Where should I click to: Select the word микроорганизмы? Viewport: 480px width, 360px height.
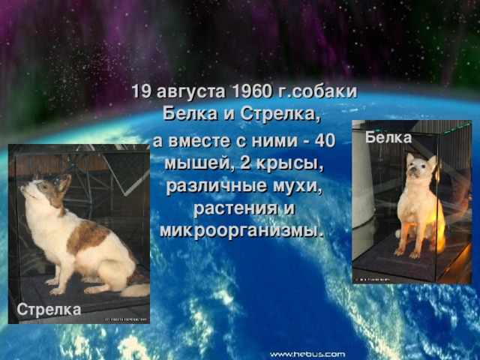(240, 229)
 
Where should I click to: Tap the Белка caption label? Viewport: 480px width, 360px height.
(388, 138)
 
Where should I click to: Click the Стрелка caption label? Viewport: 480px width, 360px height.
(49, 308)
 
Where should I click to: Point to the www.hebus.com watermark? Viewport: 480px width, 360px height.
(307, 353)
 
